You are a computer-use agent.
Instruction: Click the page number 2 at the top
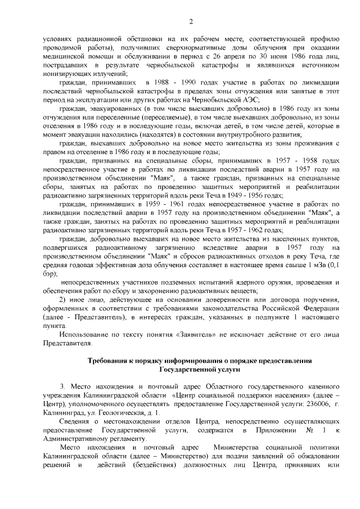click(191, 22)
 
